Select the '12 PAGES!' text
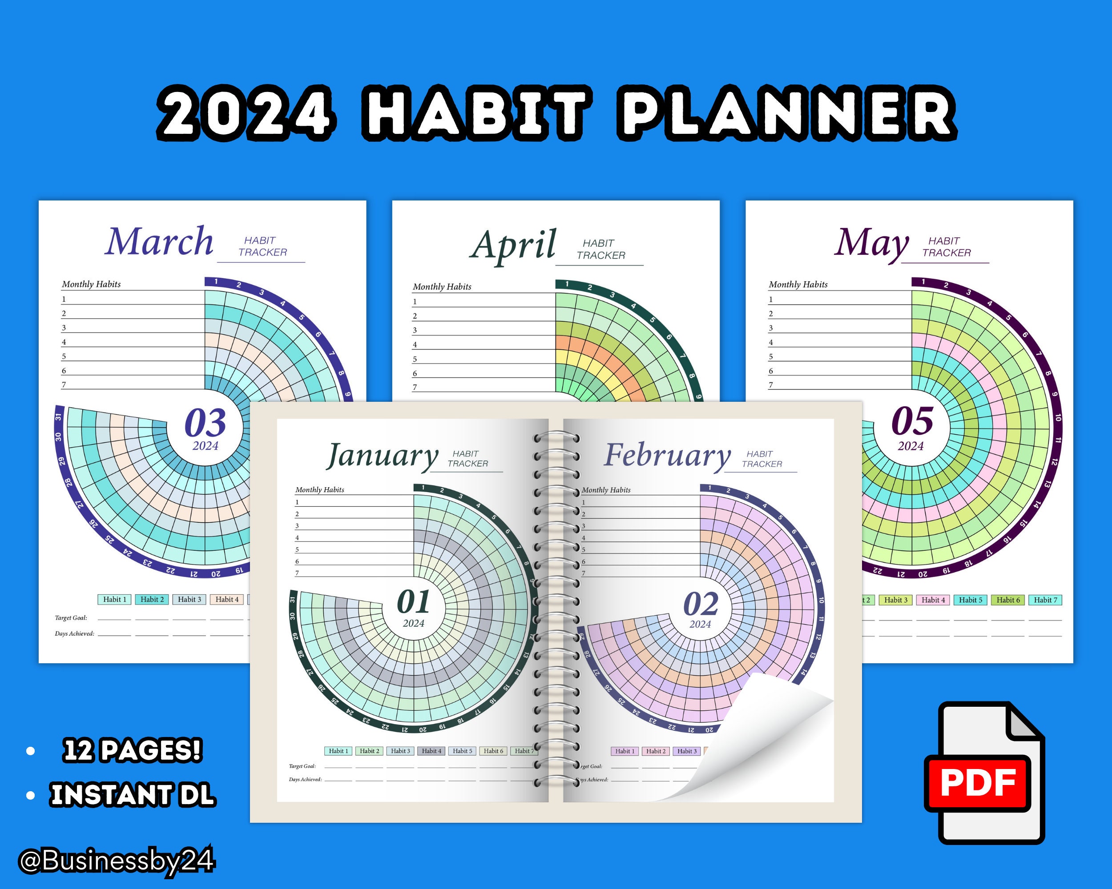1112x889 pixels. coord(132,750)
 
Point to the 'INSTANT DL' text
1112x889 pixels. coord(133,794)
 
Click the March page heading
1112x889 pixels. coord(159,242)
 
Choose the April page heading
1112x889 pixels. coord(513,245)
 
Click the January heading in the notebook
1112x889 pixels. coord(382,456)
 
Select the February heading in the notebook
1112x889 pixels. coord(667,455)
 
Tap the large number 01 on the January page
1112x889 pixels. coord(413,602)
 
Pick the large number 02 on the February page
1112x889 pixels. coord(701,604)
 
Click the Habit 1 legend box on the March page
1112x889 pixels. coord(114,599)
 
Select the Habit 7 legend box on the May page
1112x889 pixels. coord(1045,600)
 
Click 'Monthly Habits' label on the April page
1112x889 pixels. coord(442,287)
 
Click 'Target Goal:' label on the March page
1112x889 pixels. coord(71,618)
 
